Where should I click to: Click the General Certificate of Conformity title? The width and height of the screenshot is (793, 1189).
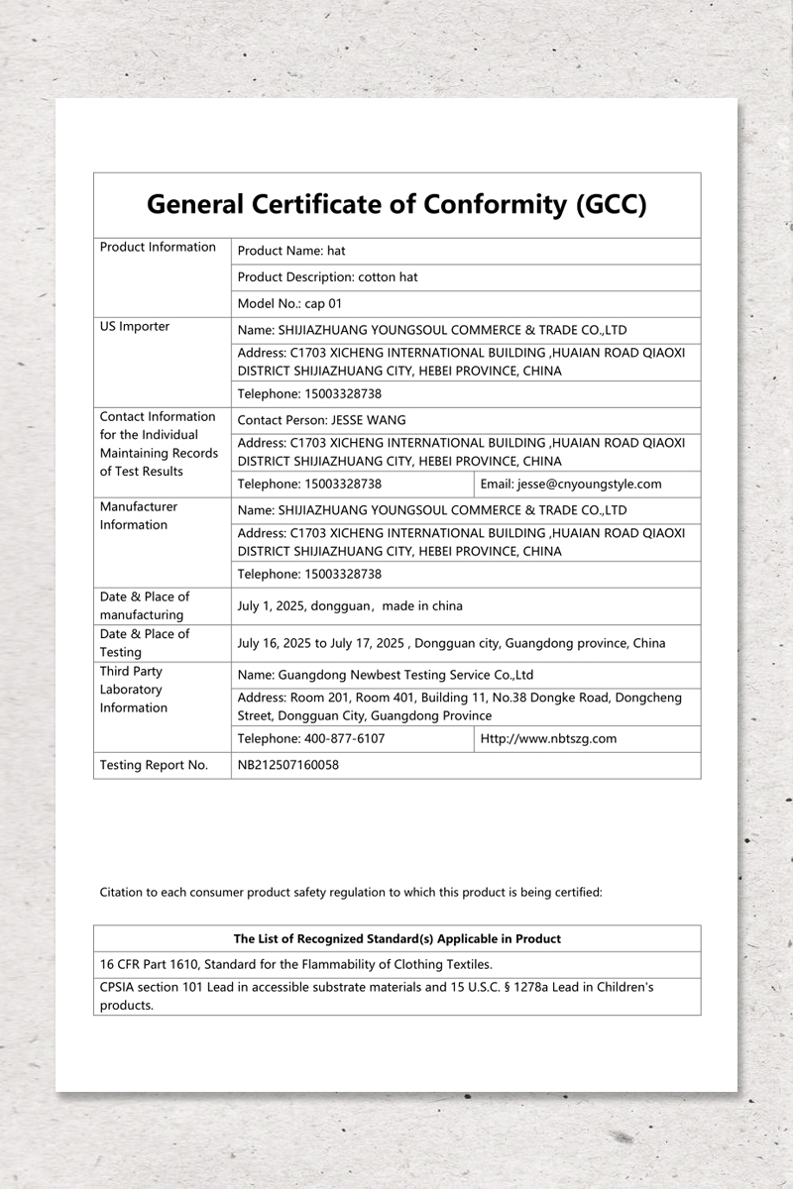[396, 205]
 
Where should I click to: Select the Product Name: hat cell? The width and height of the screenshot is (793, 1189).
[291, 252]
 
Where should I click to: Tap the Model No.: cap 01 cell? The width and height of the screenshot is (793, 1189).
[289, 304]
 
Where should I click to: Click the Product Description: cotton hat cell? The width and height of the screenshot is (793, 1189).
[328, 277]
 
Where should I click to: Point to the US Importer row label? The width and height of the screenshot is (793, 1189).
[135, 327]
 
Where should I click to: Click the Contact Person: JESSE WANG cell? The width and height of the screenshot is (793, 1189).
[322, 420]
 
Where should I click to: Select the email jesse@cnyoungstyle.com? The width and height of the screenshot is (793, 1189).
[571, 485]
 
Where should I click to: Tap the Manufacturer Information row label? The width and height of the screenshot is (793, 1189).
[139, 515]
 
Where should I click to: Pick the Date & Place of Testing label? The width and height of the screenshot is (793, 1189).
[145, 643]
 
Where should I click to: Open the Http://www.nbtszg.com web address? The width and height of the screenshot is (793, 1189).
[549, 739]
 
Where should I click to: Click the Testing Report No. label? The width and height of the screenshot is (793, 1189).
[154, 765]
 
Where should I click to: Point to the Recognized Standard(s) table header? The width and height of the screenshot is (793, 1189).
[396, 938]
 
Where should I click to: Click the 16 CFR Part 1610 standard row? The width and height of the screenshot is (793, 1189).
[296, 964]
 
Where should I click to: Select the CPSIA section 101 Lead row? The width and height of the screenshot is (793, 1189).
[377, 996]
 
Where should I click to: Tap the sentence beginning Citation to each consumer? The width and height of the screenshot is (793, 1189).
[351, 892]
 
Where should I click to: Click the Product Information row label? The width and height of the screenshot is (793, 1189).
[158, 248]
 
